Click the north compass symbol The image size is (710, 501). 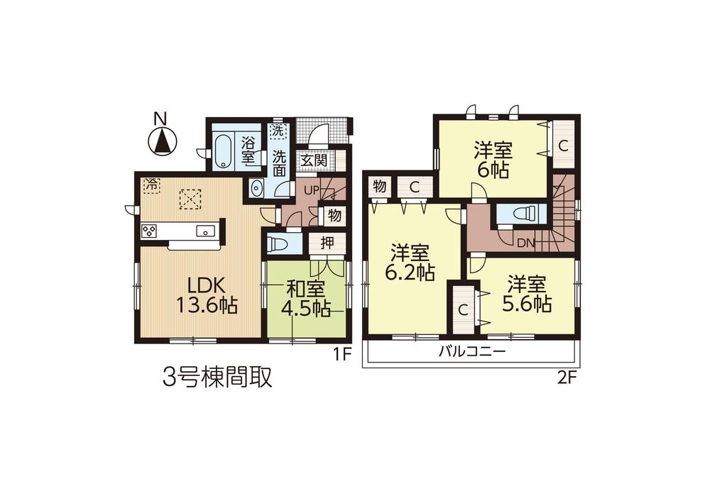[163, 139]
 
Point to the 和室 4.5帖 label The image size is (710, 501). [306, 298]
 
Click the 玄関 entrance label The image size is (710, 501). [313, 160]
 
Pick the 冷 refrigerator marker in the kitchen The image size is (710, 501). [151, 184]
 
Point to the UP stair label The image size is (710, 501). [310, 191]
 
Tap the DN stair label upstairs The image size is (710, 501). [525, 242]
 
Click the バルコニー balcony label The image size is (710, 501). [471, 351]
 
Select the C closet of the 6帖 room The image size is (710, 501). [562, 146]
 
